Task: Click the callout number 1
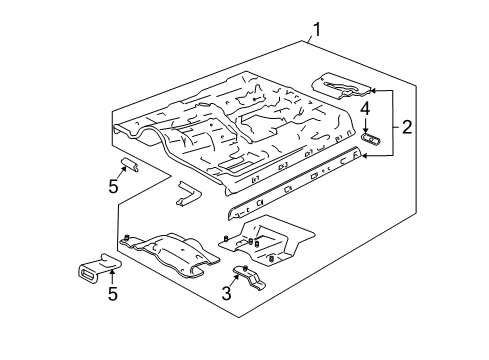(316, 29)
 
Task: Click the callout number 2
(407, 127)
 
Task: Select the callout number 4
(366, 108)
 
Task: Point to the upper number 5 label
(113, 186)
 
